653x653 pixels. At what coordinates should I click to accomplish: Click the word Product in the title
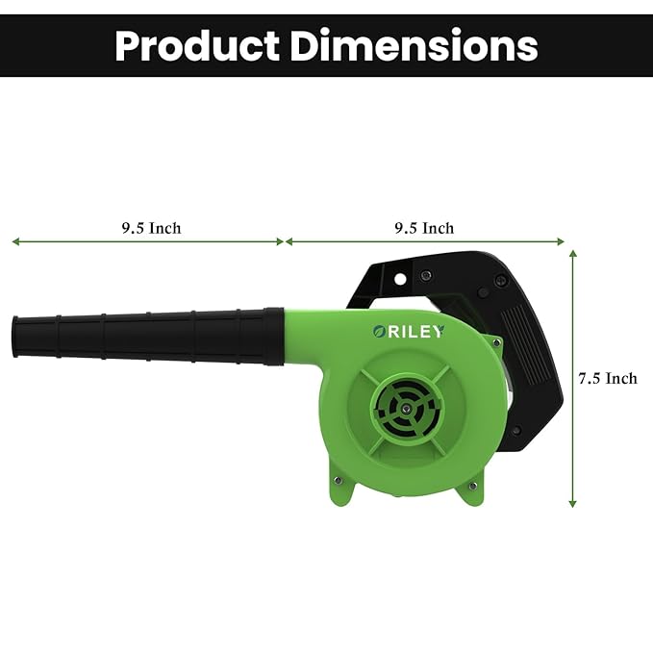[x=197, y=45]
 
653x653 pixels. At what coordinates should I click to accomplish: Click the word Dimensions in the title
[x=414, y=45]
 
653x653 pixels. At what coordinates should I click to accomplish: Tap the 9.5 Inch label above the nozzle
[x=152, y=228]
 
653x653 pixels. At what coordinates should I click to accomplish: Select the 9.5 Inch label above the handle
[x=424, y=228]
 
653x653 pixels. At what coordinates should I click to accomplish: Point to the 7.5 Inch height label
[x=608, y=378]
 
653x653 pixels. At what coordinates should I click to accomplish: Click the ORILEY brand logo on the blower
[x=408, y=332]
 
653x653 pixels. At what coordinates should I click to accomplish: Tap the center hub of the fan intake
[x=405, y=410]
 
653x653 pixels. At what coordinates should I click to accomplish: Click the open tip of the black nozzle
[x=15, y=337]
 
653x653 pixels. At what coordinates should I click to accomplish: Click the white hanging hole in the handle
[x=400, y=279]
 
